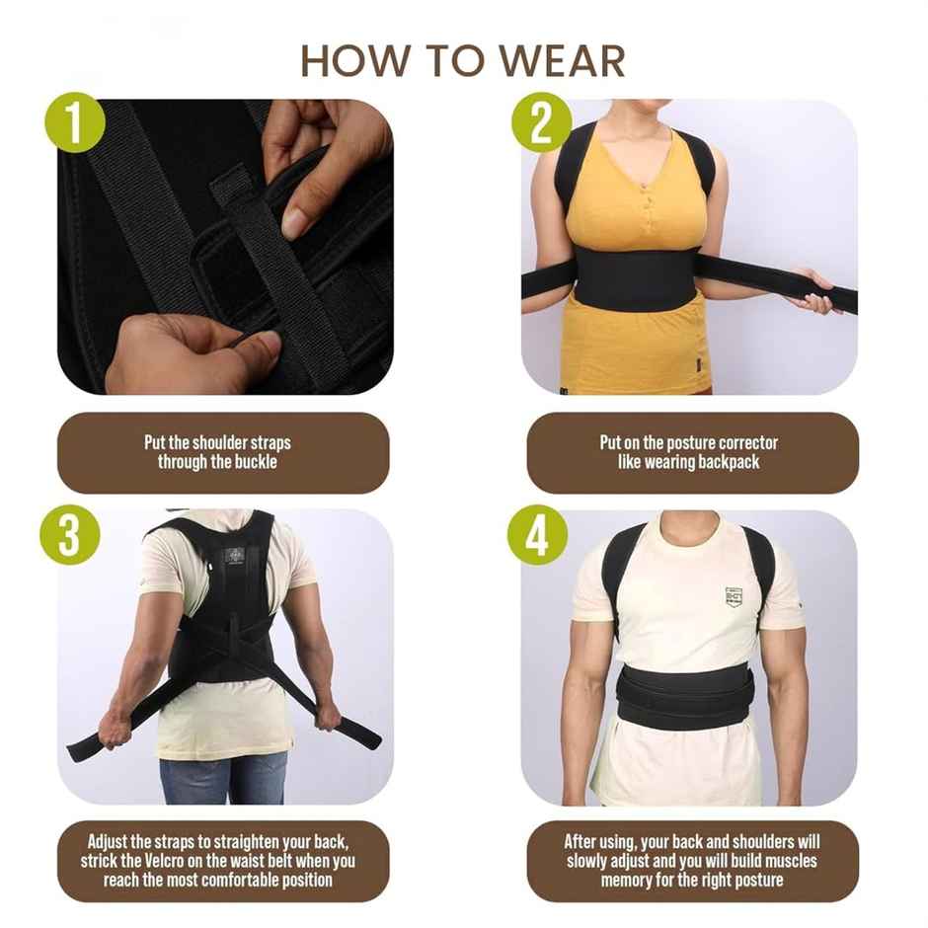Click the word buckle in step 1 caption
254,462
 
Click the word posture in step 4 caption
755,879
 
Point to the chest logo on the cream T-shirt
733,596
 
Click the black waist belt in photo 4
684,696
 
